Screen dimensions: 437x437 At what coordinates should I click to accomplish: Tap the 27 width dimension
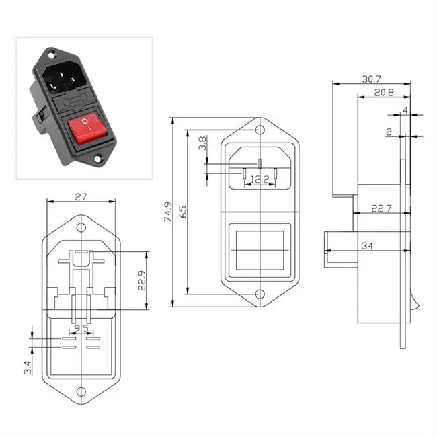[x=81, y=198]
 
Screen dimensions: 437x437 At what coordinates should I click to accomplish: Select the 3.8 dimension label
[x=202, y=143]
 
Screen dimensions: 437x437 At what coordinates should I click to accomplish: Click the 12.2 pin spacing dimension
[x=260, y=180]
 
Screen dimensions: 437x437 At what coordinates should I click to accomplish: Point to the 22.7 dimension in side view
[x=380, y=209]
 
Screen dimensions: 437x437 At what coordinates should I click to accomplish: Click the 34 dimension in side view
[x=366, y=247]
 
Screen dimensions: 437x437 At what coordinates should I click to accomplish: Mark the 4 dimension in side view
[x=405, y=110]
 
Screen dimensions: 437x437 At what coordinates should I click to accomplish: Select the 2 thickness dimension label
[x=389, y=133]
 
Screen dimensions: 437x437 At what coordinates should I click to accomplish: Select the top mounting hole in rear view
[x=81, y=228]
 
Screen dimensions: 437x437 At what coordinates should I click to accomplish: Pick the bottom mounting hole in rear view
[x=81, y=391]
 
